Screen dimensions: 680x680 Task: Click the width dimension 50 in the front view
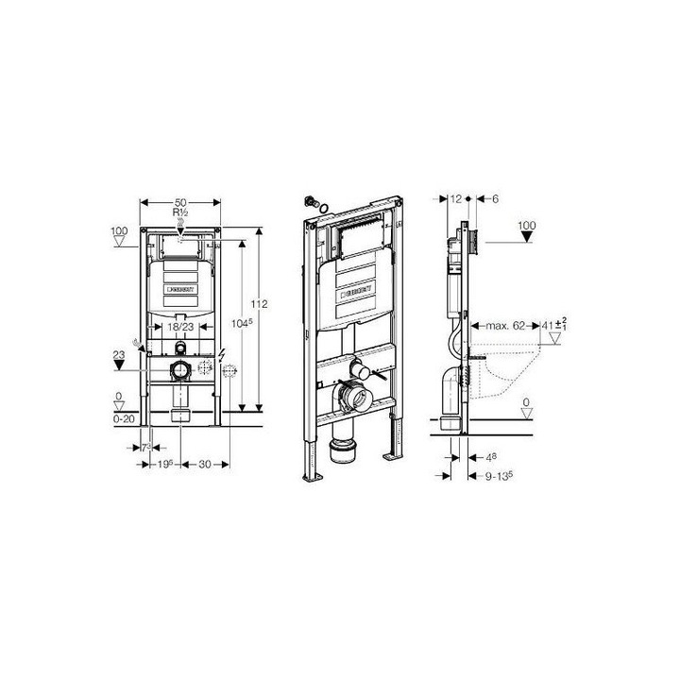coord(178,203)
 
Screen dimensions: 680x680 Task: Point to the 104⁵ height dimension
coord(241,323)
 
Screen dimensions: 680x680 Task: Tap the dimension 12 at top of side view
coord(458,198)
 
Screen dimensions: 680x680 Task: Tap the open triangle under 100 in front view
coord(118,242)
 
